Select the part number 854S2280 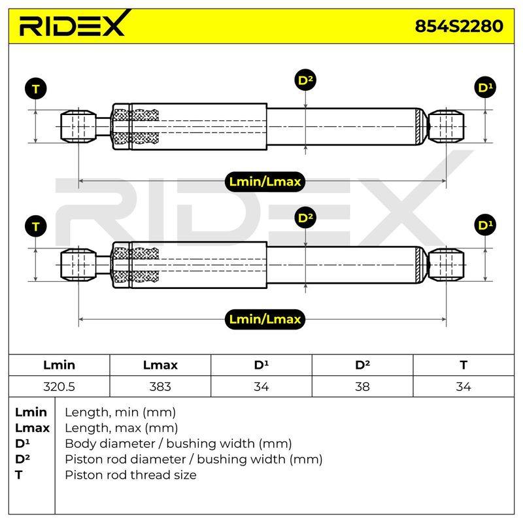[x=459, y=26]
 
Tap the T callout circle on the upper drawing [x=36, y=89]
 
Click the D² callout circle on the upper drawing [x=305, y=80]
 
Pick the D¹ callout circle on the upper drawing [x=485, y=88]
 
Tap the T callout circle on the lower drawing [x=36, y=226]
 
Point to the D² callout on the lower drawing [x=305, y=218]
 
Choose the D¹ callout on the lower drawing [x=485, y=225]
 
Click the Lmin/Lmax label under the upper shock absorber [x=265, y=182]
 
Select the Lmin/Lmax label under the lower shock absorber [x=265, y=320]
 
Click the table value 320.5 [x=59, y=387]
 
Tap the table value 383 [x=160, y=387]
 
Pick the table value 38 [x=362, y=387]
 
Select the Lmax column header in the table [x=160, y=365]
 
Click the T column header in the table [x=464, y=365]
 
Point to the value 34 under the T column [x=464, y=387]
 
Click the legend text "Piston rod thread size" [x=131, y=475]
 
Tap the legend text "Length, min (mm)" [x=120, y=413]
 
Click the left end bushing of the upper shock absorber [x=78, y=127]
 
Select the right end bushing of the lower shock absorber [x=446, y=265]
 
